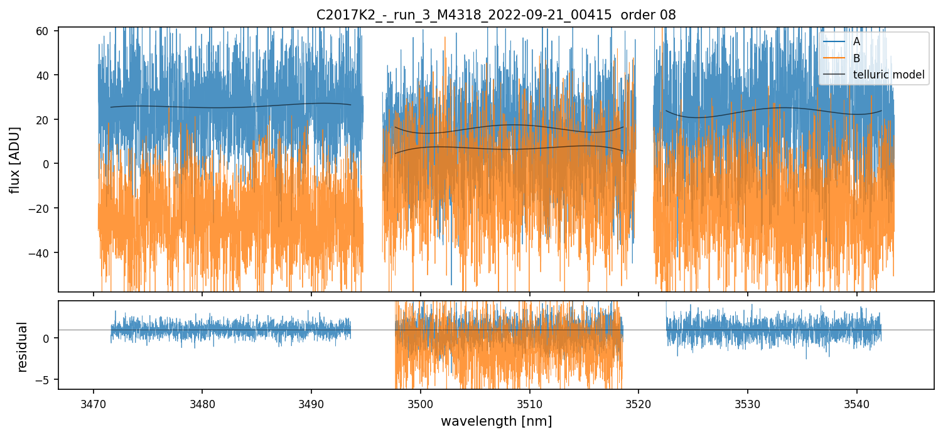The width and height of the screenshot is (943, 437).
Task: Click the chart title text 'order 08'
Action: click(x=648, y=15)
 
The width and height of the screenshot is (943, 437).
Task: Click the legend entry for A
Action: click(x=856, y=41)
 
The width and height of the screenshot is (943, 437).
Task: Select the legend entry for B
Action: click(x=856, y=58)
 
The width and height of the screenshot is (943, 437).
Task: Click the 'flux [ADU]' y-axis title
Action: click(x=15, y=159)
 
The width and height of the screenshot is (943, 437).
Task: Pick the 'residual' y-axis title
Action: click(x=23, y=347)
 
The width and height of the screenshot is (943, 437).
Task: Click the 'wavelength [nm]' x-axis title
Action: click(x=496, y=421)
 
